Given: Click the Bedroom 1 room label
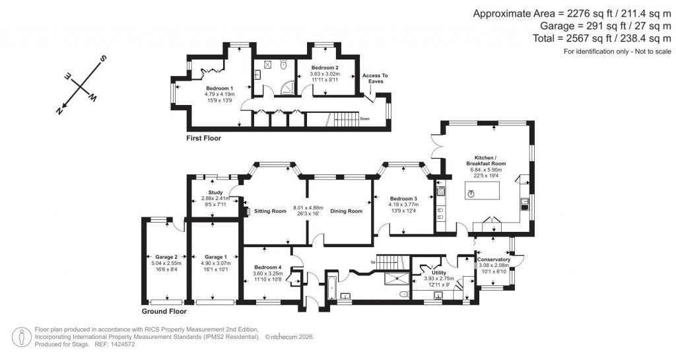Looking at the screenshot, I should tap(219, 89).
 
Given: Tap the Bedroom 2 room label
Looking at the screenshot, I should tap(325, 68).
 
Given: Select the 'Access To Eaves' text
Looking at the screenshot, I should tap(375, 79).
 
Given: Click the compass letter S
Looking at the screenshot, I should tap(103, 59).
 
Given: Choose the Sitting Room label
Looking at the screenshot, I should tap(270, 211).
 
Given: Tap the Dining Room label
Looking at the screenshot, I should tap(347, 211).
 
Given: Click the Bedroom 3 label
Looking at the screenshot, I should tap(403, 199).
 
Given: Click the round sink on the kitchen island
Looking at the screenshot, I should tap(471, 194).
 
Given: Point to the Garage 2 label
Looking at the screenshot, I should tap(166, 257).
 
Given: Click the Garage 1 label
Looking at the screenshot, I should tap(215, 257).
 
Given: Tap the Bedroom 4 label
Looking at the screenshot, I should tap(267, 268).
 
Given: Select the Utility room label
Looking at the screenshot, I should tap(438, 273).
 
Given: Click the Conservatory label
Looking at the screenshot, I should tap(494, 260).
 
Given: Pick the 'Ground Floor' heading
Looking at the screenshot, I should tap(164, 311).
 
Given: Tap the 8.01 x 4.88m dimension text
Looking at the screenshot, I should tap(308, 207).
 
